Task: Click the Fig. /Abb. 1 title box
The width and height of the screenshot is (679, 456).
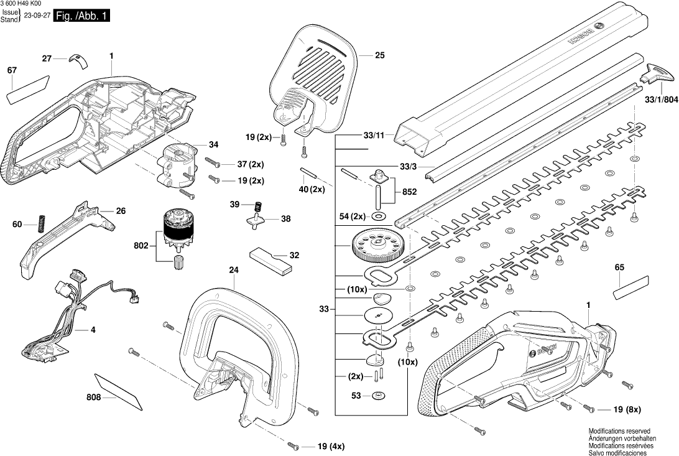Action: tap(82, 17)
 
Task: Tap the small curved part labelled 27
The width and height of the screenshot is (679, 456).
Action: tap(78, 59)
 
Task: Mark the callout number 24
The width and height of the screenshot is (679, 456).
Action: tap(234, 270)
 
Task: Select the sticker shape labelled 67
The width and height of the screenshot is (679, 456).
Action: tap(27, 88)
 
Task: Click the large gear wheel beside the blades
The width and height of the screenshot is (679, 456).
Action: tap(375, 248)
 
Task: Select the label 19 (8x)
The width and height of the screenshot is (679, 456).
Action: tap(627, 409)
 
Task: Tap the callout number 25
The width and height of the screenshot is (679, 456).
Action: tap(379, 55)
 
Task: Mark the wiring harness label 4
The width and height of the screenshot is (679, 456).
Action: tap(93, 329)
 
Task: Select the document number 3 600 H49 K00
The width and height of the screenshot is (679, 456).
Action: tap(22, 4)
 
